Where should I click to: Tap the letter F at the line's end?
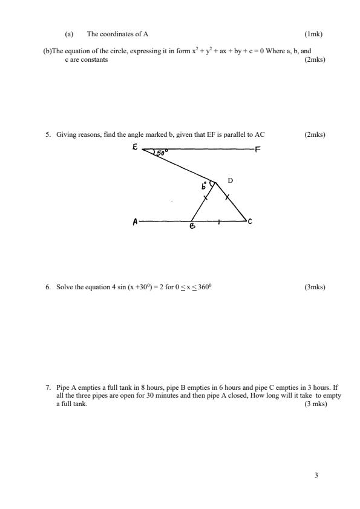point(258,151)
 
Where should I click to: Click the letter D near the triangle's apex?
point(230,180)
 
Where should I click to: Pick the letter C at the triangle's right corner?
point(249,222)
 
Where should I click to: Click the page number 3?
point(316,475)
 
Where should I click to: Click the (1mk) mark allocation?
point(314,35)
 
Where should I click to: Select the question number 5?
point(48,135)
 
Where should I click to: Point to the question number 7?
point(48,385)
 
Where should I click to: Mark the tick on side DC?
point(227,197)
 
